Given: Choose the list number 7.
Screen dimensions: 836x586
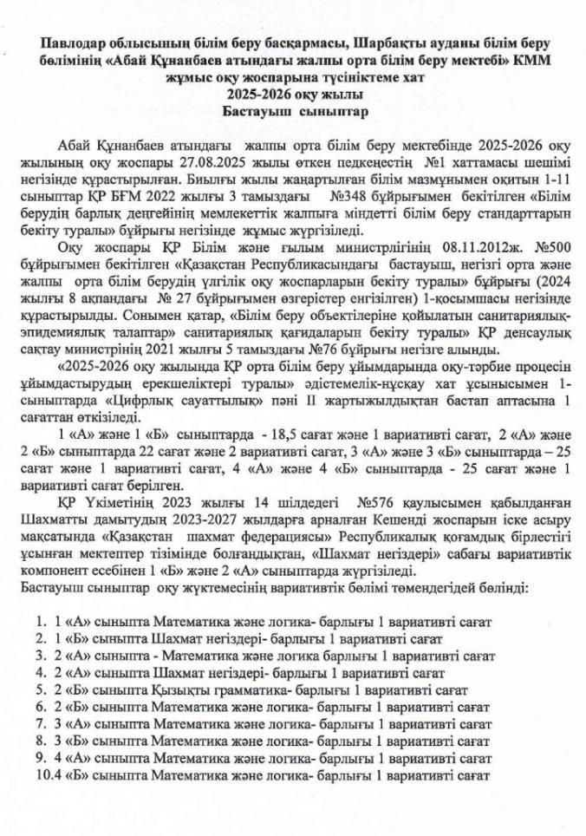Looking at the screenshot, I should click(40, 723).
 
